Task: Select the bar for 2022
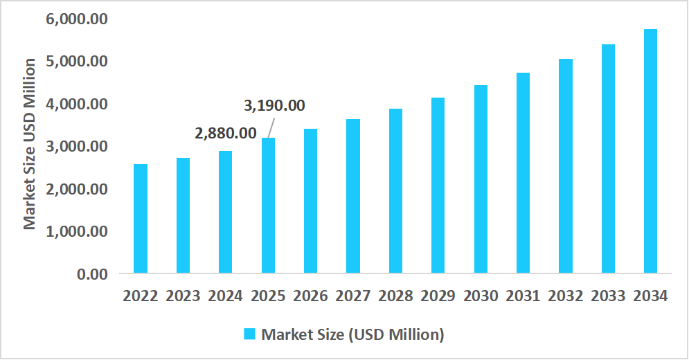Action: point(141,218)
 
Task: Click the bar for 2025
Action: point(268,205)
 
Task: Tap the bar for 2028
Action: point(395,190)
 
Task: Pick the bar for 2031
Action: point(523,172)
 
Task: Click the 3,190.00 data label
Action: point(275,106)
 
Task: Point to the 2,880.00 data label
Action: point(226,133)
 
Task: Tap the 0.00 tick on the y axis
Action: point(91,273)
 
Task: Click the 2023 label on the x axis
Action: point(183,296)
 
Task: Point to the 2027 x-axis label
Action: point(353,296)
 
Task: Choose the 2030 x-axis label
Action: point(481,296)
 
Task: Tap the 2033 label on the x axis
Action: point(608,296)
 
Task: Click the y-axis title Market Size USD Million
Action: point(29,144)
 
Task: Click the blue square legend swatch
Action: point(250,334)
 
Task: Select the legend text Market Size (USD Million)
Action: point(352,334)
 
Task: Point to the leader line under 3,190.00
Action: point(271,127)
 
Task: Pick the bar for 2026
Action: point(310,201)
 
